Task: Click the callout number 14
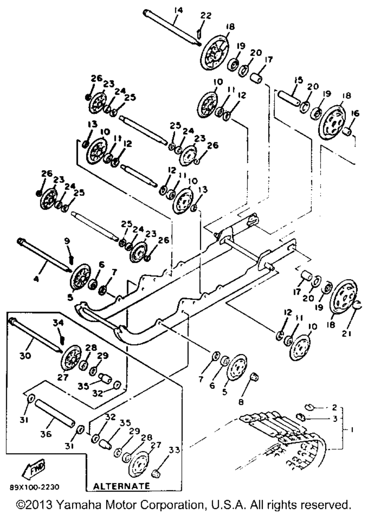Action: click(x=178, y=11)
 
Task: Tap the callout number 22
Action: click(x=206, y=15)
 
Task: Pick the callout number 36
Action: click(x=46, y=427)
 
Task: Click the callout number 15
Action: click(x=298, y=80)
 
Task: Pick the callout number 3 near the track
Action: click(x=335, y=419)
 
